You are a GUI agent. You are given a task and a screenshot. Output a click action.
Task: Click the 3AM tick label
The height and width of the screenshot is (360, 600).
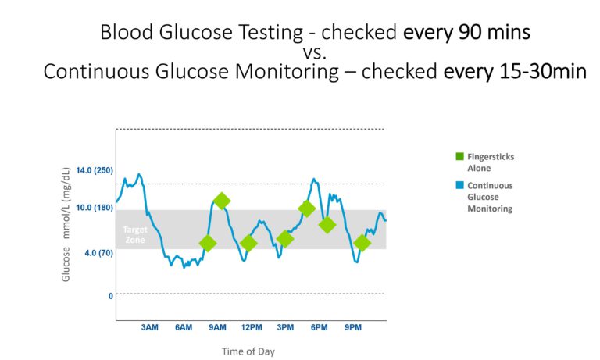pyautogui.click(x=149, y=327)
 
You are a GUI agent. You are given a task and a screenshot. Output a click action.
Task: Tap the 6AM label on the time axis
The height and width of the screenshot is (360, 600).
pyautogui.click(x=183, y=327)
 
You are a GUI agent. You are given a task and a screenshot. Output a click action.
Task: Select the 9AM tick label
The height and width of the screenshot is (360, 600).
pyautogui.click(x=217, y=327)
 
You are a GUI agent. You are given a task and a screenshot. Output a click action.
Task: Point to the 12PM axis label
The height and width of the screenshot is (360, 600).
pyautogui.click(x=252, y=327)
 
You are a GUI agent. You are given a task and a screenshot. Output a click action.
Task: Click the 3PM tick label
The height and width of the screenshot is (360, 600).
pyautogui.click(x=285, y=327)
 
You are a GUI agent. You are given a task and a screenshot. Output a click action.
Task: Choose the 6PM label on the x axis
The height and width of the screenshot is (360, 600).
pyautogui.click(x=319, y=327)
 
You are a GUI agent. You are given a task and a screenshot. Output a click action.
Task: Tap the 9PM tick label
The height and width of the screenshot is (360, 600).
pyautogui.click(x=353, y=327)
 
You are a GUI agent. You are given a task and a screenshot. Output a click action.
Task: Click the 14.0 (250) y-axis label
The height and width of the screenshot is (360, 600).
pyautogui.click(x=95, y=170)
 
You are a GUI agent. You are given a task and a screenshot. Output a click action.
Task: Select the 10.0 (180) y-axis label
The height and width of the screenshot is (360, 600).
pyautogui.click(x=95, y=208)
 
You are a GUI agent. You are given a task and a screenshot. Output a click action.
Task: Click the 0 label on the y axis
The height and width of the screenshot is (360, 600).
pyautogui.click(x=110, y=295)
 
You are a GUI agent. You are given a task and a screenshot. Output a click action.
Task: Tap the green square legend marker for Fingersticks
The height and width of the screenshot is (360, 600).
pyautogui.click(x=460, y=156)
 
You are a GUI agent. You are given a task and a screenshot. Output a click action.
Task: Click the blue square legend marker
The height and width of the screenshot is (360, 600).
pyautogui.click(x=460, y=186)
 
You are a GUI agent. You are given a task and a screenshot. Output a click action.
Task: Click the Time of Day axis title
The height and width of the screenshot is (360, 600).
pyautogui.click(x=248, y=351)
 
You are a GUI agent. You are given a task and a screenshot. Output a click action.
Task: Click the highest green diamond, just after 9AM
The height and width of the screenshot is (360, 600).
pyautogui.click(x=222, y=201)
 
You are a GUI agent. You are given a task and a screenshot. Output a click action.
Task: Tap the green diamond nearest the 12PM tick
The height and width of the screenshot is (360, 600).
pyautogui.click(x=248, y=243)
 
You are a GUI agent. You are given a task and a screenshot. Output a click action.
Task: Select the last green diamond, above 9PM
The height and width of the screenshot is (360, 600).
pyautogui.click(x=362, y=243)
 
